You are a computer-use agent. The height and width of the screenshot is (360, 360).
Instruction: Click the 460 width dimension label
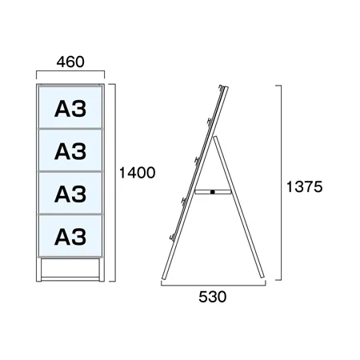[70, 62]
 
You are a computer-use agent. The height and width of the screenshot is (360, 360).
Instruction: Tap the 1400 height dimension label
[137, 173]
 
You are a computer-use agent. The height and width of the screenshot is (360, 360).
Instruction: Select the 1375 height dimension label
[304, 186]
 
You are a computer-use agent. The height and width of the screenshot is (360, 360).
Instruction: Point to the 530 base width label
[213, 297]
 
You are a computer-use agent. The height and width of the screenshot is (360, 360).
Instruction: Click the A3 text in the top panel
[70, 109]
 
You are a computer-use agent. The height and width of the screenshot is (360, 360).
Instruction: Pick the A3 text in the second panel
[70, 151]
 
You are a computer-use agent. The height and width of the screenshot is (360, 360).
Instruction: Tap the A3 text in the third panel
[70, 194]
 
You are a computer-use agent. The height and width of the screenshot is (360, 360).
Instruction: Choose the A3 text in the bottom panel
[70, 237]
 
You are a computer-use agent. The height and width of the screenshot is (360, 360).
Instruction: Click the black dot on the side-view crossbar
[213, 192]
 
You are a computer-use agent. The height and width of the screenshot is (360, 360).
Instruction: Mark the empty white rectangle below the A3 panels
[70, 268]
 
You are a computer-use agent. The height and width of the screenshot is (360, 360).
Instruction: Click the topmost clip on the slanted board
[220, 87]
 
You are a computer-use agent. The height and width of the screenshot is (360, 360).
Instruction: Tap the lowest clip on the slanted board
[172, 237]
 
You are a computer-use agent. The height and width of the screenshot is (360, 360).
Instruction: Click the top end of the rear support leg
[214, 138]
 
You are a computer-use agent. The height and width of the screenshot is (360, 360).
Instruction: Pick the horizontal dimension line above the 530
[214, 285]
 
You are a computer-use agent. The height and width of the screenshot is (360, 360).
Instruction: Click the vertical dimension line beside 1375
[281, 182]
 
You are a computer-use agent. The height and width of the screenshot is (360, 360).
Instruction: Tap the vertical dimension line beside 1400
[115, 182]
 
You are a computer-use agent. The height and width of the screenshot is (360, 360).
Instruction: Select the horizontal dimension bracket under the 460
[70, 71]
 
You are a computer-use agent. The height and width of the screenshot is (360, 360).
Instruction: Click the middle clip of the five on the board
[197, 161]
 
